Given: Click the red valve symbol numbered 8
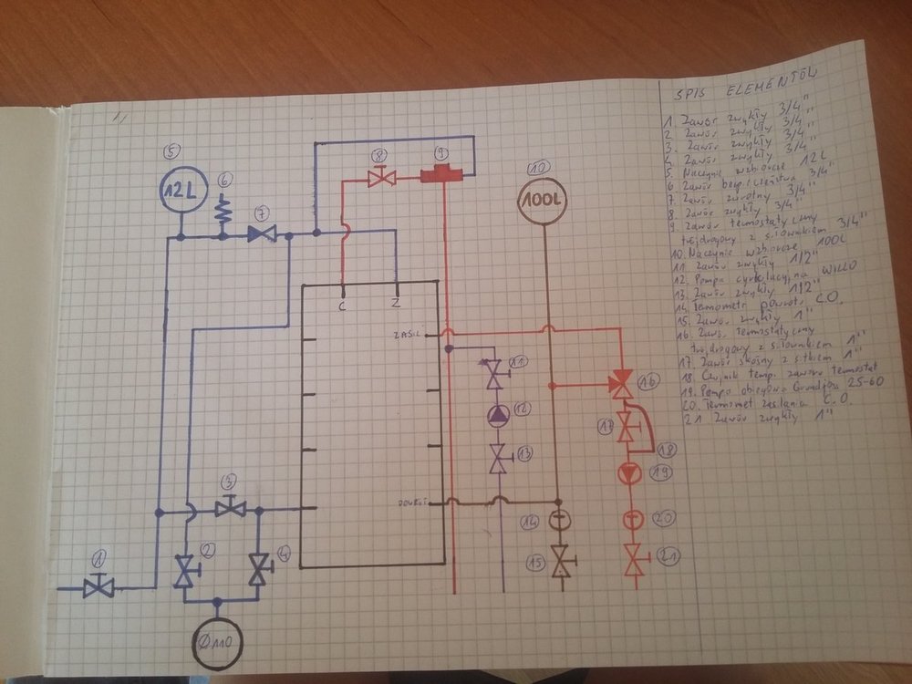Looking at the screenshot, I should [x=380, y=179].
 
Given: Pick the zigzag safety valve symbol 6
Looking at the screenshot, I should [x=222, y=212].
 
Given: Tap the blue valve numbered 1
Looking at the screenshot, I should [x=98, y=588].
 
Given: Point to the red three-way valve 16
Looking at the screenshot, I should [x=623, y=383].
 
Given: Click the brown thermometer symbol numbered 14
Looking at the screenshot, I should [x=558, y=523].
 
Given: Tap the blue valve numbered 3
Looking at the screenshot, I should [x=230, y=507].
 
